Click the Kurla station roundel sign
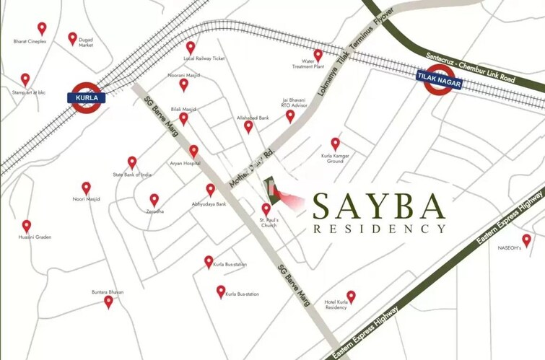[x=87, y=96]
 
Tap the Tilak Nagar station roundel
[x=438, y=79]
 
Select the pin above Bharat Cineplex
[x=42, y=29]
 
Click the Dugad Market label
[x=86, y=43]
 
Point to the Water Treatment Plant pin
[x=318, y=55]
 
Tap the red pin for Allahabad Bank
[x=248, y=126]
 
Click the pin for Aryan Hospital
[x=193, y=151]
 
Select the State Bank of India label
[x=132, y=175]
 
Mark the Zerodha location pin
[x=154, y=200]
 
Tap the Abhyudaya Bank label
[x=209, y=204]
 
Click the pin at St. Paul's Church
[x=266, y=209]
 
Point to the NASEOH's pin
[x=526, y=240]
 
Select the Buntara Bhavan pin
[x=108, y=302]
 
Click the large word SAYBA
[x=378, y=207]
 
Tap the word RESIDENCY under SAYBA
[x=380, y=229]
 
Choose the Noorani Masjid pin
[x=184, y=84]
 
